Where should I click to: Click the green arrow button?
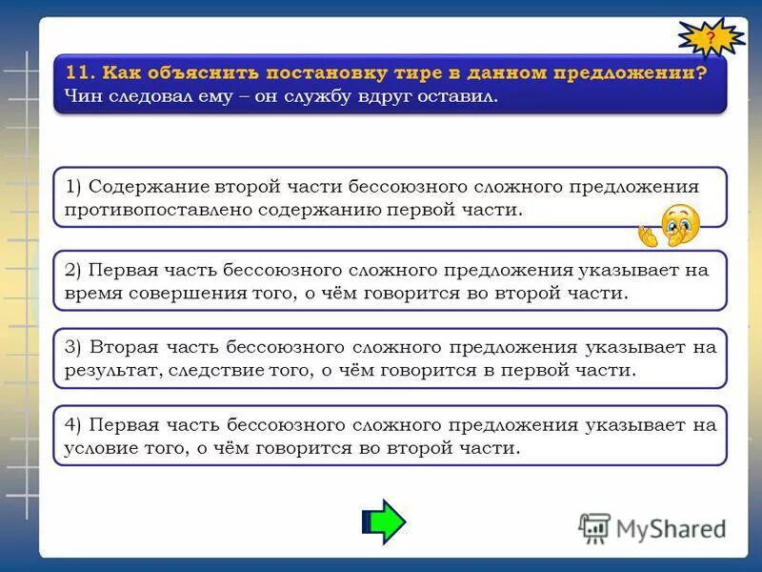tap(385, 521)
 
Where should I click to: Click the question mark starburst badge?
tap(711, 39)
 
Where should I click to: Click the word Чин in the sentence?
tap(83, 96)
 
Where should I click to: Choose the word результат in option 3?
tap(106, 370)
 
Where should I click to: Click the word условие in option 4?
tap(98, 447)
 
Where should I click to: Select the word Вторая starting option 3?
tap(119, 347)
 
